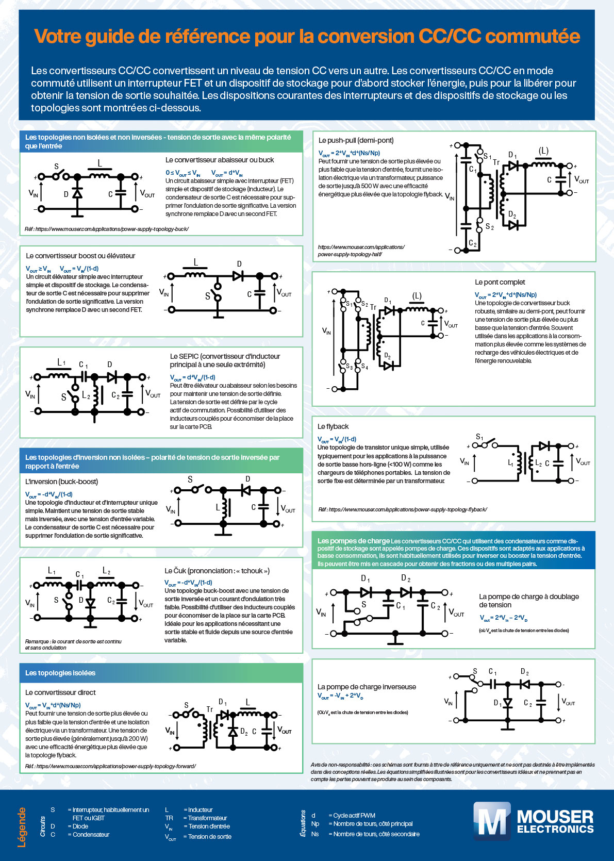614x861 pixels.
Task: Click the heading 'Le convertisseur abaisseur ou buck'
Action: pyautogui.click(x=220, y=160)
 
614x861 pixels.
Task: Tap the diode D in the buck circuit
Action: pyautogui.click(x=77, y=193)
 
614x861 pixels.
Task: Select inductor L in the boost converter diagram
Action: pyautogui.click(x=195, y=274)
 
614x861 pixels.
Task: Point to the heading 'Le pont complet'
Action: pyautogui.click(x=500, y=282)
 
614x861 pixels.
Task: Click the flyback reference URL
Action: pyautogui.click(x=402, y=509)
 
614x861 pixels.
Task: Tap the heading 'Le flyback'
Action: pyautogui.click(x=333, y=426)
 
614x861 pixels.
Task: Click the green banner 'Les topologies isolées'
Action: pyautogui.click(x=60, y=673)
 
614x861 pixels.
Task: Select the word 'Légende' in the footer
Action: pyautogui.click(x=22, y=827)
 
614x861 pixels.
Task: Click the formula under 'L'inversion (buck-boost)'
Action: pyautogui.click(x=49, y=494)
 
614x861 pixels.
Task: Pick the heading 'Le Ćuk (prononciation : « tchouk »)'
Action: pyautogui.click(x=217, y=571)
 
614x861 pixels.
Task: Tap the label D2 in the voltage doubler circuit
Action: pyautogui.click(x=406, y=578)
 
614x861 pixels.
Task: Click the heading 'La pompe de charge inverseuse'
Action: pyautogui.click(x=367, y=687)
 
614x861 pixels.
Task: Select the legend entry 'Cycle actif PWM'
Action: pyautogui.click(x=354, y=815)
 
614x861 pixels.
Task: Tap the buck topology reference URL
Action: pyautogui.click(x=107, y=229)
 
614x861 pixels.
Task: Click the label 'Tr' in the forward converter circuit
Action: pyautogui.click(x=209, y=709)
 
